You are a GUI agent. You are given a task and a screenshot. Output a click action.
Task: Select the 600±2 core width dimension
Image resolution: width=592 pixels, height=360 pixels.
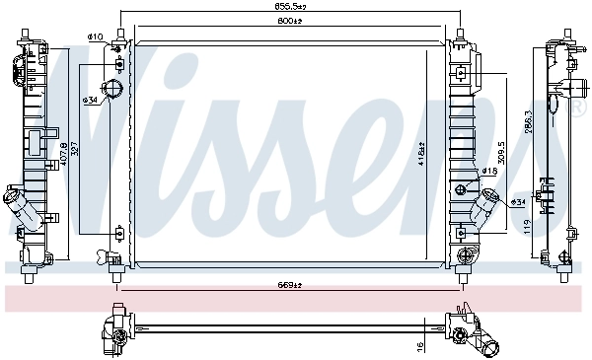tap(289, 22)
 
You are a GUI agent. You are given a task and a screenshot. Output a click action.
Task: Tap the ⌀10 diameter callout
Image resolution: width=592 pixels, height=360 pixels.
tap(96, 37)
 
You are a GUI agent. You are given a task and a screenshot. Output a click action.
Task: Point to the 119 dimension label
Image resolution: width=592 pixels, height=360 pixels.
tap(529, 225)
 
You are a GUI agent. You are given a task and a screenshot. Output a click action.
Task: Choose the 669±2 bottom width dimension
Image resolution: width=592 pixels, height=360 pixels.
tap(289, 286)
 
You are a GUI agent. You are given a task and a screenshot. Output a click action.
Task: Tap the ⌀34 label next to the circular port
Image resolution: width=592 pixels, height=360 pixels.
tap(92, 100)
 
